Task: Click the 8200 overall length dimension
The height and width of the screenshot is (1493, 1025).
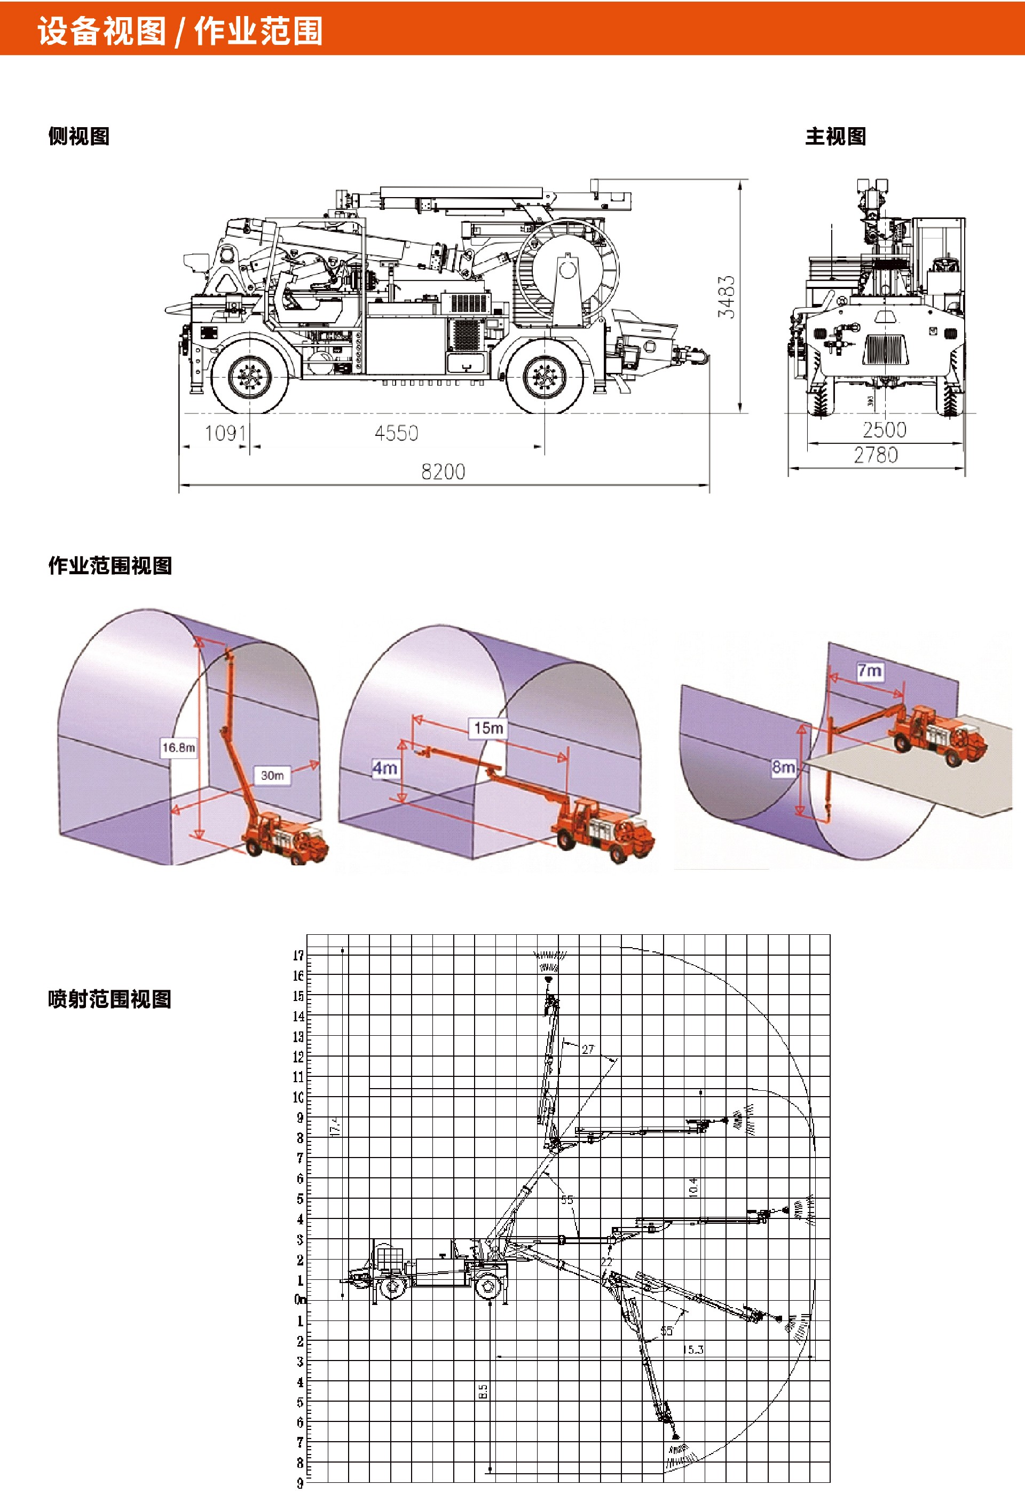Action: (443, 472)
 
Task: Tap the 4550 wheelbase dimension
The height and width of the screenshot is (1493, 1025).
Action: (396, 434)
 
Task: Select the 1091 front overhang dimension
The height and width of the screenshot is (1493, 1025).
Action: (225, 434)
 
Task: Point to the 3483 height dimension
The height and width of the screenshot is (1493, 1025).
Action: (727, 297)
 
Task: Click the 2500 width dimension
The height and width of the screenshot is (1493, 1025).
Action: (885, 431)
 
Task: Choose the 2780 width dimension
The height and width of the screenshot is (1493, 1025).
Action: (876, 456)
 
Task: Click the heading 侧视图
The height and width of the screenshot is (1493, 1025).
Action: (79, 136)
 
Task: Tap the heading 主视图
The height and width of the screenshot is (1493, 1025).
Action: (835, 136)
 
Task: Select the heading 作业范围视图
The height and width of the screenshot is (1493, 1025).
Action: (110, 565)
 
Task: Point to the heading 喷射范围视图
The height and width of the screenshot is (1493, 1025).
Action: (110, 999)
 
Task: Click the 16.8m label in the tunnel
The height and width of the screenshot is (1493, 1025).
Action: (178, 747)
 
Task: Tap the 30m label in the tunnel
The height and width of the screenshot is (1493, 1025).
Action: (272, 776)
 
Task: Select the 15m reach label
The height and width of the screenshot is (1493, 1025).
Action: (488, 728)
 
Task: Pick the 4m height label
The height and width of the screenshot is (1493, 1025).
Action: (385, 768)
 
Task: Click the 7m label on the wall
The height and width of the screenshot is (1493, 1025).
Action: (870, 671)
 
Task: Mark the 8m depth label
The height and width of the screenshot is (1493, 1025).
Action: (784, 767)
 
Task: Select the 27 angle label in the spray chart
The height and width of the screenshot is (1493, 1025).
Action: (588, 1049)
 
